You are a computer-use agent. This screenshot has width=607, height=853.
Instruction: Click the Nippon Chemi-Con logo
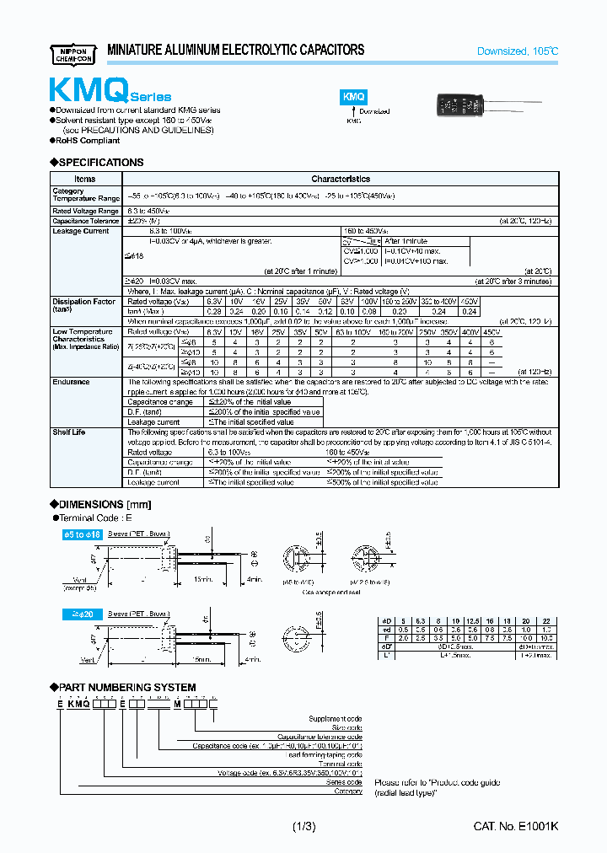coord(73,52)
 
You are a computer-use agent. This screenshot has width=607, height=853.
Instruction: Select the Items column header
coord(85,179)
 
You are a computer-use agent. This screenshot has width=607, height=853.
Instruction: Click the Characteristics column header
coord(341,179)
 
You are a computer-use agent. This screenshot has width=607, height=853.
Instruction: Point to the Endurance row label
coord(71,382)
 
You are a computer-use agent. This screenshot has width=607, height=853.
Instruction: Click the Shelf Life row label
coord(69,432)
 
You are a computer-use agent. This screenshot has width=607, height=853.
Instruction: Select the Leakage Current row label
coord(80,231)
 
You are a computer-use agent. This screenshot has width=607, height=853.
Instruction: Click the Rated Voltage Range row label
coord(85,211)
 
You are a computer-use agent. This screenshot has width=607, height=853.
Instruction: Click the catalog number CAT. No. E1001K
coord(515,827)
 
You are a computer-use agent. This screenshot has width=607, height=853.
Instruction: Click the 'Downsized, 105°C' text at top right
coord(517,51)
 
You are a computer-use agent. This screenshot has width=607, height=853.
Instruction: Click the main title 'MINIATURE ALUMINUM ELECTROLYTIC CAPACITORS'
coord(236,51)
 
